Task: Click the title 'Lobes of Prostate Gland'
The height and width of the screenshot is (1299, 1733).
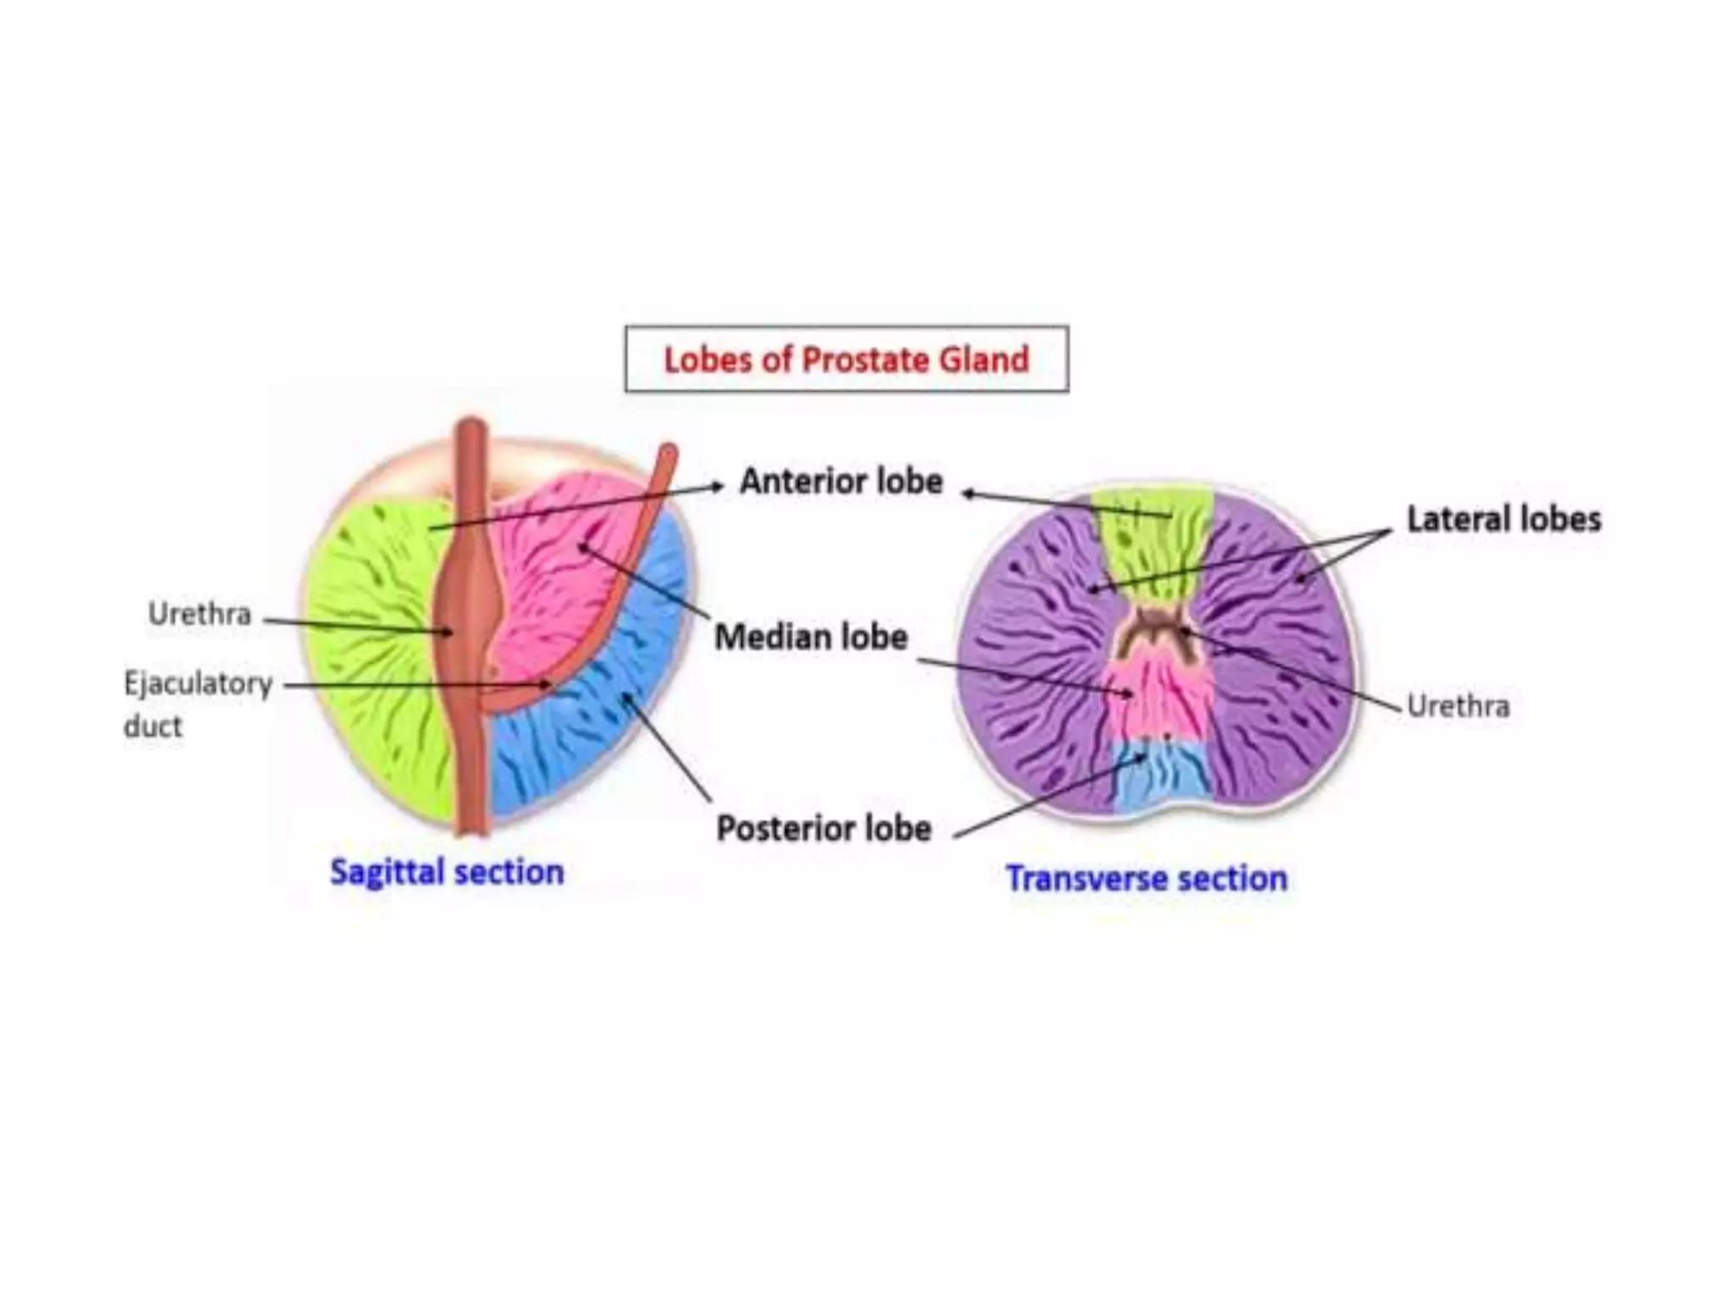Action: pos(846,359)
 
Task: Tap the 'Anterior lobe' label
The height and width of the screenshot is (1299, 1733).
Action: pos(841,481)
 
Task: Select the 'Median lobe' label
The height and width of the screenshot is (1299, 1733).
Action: pos(811,637)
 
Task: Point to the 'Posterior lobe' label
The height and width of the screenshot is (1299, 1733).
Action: pos(823,829)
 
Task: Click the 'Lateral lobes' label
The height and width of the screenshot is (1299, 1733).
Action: pos(1504,519)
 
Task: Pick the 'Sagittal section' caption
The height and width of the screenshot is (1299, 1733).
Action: pos(447,872)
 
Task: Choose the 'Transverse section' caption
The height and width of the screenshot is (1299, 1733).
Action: pos(1147,879)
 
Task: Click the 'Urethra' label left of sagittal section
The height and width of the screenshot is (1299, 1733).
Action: pos(200,614)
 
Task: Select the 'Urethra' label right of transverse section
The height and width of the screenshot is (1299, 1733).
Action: pos(1458,705)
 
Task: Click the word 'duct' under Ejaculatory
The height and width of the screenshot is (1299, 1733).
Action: pos(153,726)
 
